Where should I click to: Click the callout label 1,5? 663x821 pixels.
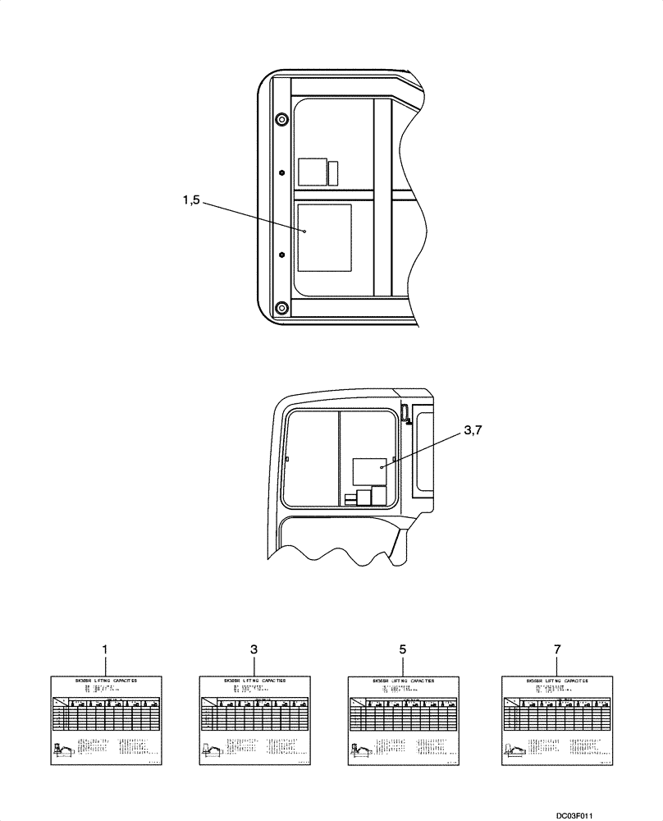point(191,200)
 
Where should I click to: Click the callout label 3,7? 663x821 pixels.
point(473,430)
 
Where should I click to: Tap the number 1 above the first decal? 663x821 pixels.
point(105,649)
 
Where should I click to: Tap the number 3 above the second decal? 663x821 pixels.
point(254,649)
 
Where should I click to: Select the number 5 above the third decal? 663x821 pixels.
point(402,649)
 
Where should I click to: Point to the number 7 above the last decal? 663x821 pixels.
point(557,649)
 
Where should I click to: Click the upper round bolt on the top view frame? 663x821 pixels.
point(281,120)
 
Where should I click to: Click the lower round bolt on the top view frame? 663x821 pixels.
point(281,308)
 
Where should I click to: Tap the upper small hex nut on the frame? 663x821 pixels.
point(281,172)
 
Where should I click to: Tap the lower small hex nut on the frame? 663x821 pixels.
point(281,255)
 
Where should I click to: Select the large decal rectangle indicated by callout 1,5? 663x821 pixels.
point(324,238)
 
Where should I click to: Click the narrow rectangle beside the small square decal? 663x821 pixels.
point(333,172)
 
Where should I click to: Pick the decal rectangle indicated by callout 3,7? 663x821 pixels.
point(369,474)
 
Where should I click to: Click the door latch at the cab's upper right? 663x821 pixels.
point(405,414)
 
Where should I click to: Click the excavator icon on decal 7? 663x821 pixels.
point(519,749)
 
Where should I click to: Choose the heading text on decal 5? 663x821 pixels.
point(402,681)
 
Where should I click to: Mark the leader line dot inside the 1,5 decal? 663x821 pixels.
point(304,232)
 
